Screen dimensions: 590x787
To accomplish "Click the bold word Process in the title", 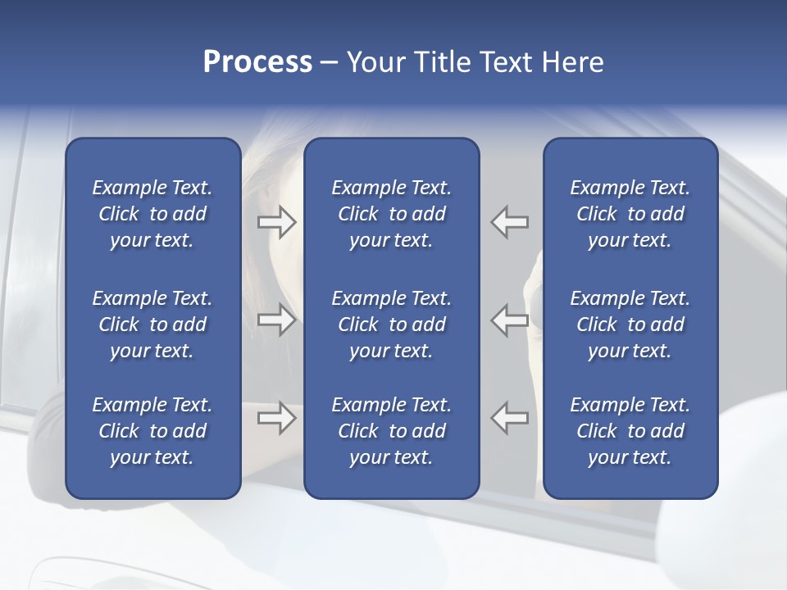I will [257, 62].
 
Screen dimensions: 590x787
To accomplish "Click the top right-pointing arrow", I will [277, 222].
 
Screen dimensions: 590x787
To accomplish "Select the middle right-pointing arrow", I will [277, 320].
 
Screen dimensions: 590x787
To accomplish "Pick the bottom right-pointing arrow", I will [277, 418].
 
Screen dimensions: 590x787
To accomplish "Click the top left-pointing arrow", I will [510, 222].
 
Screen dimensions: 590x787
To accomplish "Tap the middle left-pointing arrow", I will [510, 320].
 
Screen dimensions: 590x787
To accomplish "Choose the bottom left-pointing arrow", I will [510, 418].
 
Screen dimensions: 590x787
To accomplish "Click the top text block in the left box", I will [152, 214].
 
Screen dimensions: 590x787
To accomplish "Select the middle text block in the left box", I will [152, 324].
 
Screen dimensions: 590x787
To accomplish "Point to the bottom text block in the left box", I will [152, 431].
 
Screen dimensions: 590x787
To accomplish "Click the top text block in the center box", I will [392, 214].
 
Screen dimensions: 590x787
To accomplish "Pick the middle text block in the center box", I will [392, 324].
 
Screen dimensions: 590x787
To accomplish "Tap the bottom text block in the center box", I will [392, 431].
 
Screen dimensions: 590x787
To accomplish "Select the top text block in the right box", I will [630, 214].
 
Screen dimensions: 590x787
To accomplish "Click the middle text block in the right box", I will [630, 324].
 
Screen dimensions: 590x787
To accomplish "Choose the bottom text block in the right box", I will [630, 431].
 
